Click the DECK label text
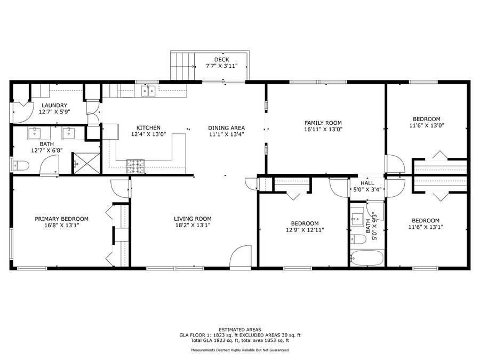[x=221, y=59]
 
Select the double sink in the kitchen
[x=148, y=91]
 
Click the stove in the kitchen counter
[x=135, y=166]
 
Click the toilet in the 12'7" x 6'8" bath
[x=20, y=165]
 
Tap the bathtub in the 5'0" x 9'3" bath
[x=367, y=259]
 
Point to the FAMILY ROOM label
[x=323, y=123]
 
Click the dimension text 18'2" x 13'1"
[x=193, y=225]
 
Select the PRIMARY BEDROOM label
[x=62, y=219]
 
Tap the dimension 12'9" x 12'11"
[x=305, y=230]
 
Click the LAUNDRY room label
[x=54, y=106]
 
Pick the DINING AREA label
[x=226, y=128]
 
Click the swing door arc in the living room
[x=241, y=255]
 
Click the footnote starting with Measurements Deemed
[x=240, y=350]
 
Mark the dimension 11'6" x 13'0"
[x=427, y=125]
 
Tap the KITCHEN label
[x=148, y=127]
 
